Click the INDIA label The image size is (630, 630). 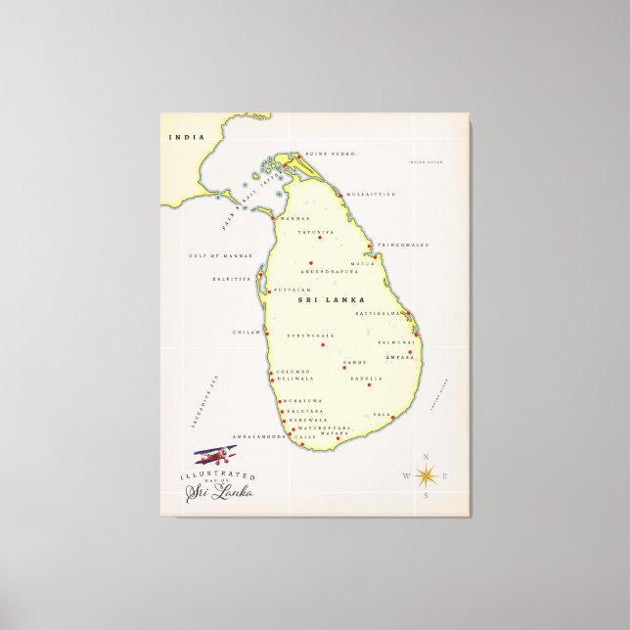click(182, 138)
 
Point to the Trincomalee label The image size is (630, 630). click(404, 245)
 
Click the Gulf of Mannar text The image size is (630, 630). click(220, 255)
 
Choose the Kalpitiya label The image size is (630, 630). click(232, 279)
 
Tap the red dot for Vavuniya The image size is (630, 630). click(319, 238)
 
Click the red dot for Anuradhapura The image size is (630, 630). click(310, 263)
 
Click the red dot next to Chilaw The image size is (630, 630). click(267, 333)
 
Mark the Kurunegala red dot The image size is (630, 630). click(323, 344)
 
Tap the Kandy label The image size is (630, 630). click(354, 363)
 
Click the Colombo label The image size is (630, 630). click(293, 371)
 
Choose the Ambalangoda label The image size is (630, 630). click(258, 436)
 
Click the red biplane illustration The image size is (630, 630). click(215, 455)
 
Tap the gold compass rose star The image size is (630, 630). click(427, 476)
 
